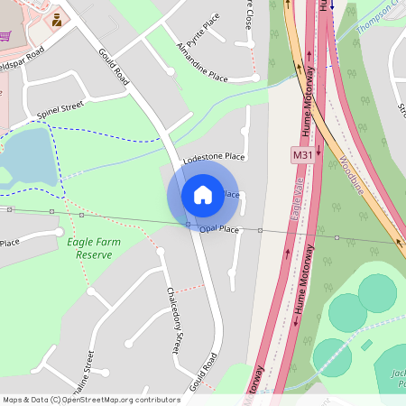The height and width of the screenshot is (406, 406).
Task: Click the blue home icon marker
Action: tap(203, 194)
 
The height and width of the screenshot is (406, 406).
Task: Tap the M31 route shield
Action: tap(302, 155)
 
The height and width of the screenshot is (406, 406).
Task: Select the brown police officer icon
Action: tap(57, 19)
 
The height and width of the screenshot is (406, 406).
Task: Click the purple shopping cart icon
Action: tap(5, 36)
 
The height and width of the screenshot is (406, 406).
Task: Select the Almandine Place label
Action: tap(202, 61)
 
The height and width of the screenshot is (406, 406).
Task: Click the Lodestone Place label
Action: tap(214, 158)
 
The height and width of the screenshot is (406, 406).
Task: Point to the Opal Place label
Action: tap(218, 230)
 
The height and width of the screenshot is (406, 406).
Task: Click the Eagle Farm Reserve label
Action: tap(89, 248)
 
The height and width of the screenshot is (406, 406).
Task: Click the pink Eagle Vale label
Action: tap(296, 204)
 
